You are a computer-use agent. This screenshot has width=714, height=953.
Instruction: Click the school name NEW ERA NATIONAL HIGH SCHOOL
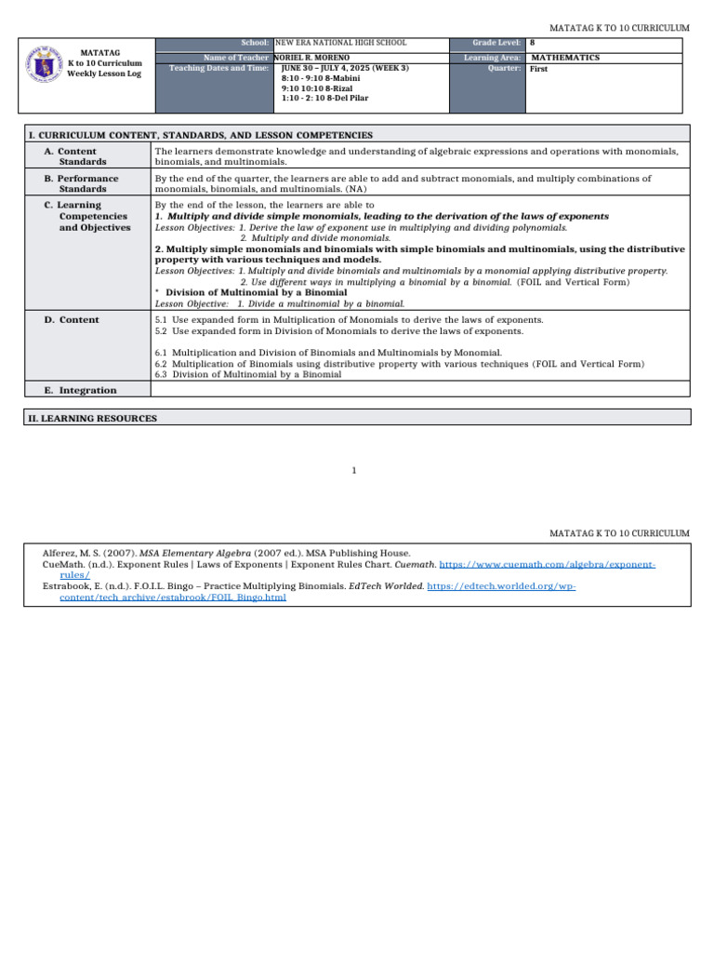tap(340, 44)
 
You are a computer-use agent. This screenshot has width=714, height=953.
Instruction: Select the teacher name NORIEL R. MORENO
tap(312, 58)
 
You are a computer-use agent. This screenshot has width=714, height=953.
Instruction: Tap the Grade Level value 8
tap(532, 44)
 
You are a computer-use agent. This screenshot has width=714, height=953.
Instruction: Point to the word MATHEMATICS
tap(564, 58)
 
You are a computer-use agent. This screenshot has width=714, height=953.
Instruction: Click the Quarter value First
tap(538, 69)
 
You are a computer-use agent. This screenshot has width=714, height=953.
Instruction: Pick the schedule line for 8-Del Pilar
tap(318, 101)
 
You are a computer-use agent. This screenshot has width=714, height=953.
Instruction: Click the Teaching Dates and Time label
tap(219, 69)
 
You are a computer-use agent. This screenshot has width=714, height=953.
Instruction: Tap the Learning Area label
tap(492, 58)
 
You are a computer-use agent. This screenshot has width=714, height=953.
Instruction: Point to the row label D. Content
tap(72, 319)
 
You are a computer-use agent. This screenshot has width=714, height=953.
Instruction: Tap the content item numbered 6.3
tap(248, 375)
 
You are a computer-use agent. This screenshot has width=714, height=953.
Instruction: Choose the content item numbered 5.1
tap(349, 319)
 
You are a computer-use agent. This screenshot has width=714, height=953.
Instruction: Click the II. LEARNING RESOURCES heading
tap(93, 419)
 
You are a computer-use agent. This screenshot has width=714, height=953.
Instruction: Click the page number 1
tap(354, 471)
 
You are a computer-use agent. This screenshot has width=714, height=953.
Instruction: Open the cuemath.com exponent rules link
tap(547, 565)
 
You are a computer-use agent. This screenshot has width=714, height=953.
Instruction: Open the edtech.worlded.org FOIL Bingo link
tap(495, 586)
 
